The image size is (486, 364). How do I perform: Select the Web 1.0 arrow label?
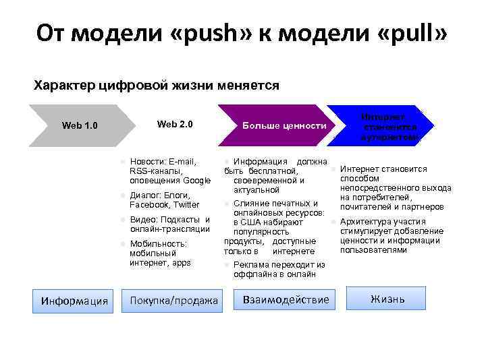[80, 125]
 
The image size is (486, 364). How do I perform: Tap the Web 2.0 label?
[175, 124]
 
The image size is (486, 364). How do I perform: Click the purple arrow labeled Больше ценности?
[284, 126]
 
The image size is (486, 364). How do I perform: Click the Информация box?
[75, 301]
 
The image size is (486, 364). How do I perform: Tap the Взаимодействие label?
[286, 299]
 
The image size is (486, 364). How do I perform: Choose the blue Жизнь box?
[387, 299]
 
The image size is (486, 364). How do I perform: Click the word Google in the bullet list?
[197, 181]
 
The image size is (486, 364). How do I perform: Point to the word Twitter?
[186, 205]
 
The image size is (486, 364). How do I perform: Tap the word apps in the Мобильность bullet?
[181, 263]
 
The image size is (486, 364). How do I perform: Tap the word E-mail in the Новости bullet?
[183, 162]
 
